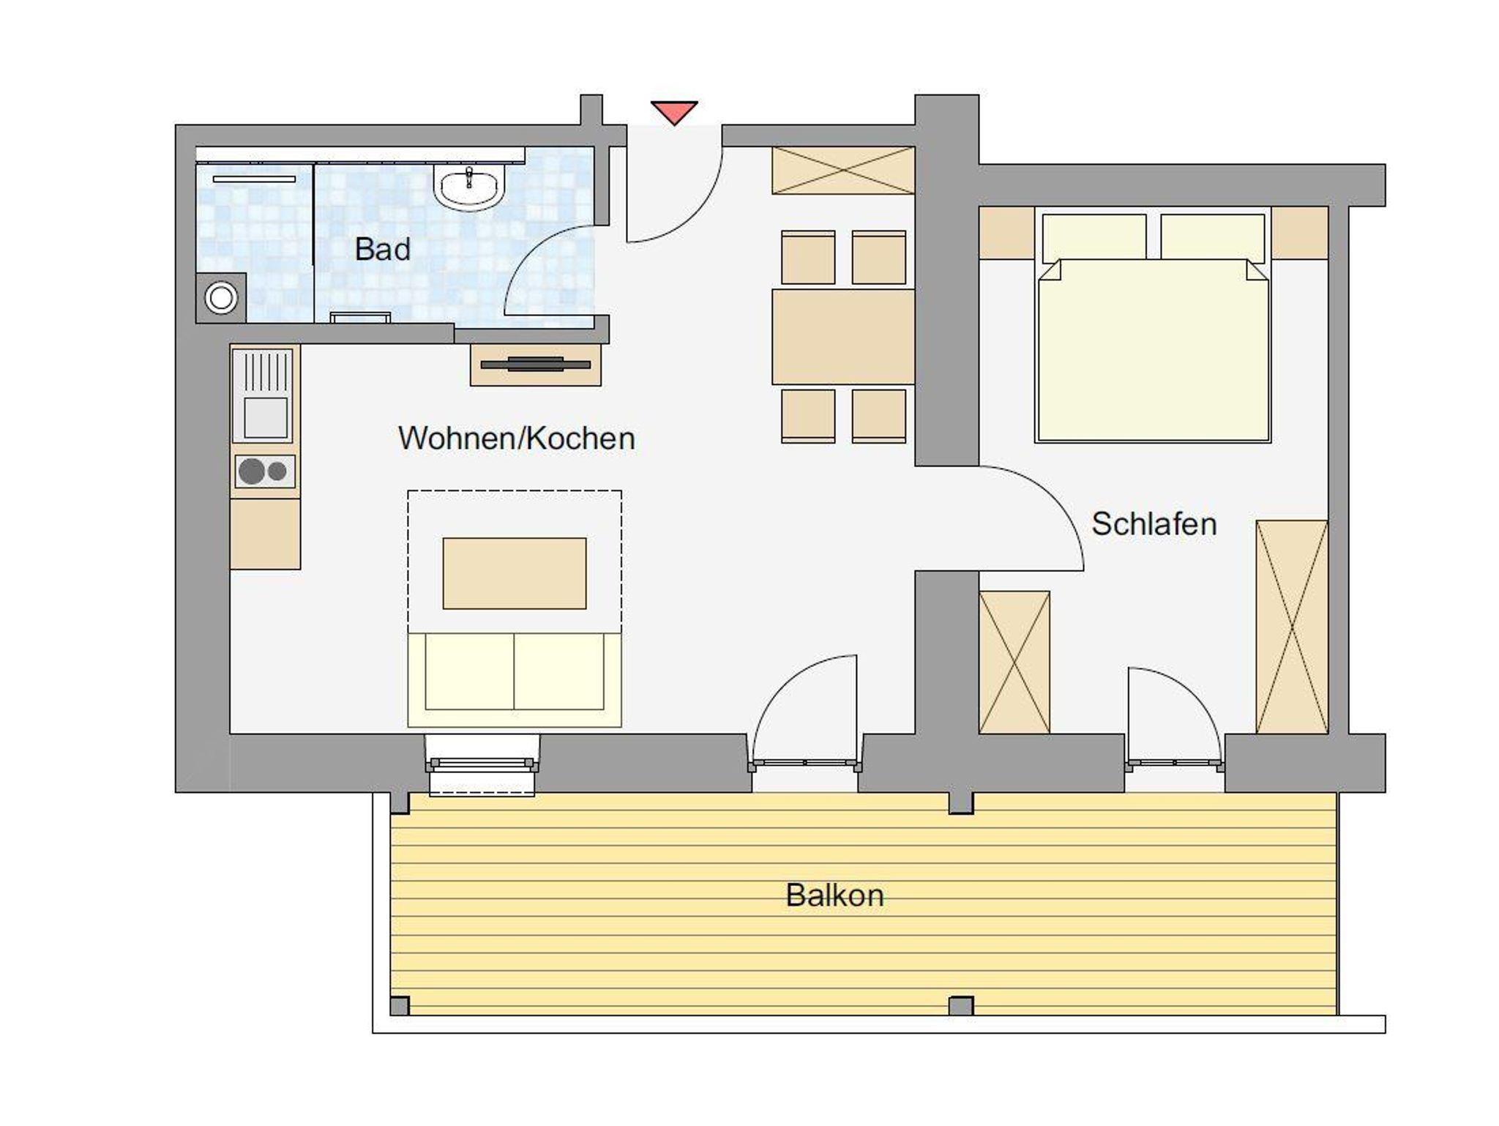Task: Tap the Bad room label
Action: pyautogui.click(x=382, y=250)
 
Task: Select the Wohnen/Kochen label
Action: pyautogui.click(x=517, y=439)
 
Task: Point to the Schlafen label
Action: pyautogui.click(x=1154, y=524)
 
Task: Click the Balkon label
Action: pyautogui.click(x=834, y=895)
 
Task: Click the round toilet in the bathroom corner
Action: pyautogui.click(x=221, y=298)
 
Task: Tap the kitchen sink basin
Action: pyautogui.click(x=265, y=417)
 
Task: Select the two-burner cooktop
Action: pyautogui.click(x=265, y=471)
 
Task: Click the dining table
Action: pyautogui.click(x=843, y=337)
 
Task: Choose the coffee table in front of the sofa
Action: pyautogui.click(x=515, y=573)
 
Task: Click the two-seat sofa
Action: pyautogui.click(x=515, y=680)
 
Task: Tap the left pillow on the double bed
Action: pyautogui.click(x=1094, y=236)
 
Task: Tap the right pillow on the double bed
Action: pyautogui.click(x=1212, y=236)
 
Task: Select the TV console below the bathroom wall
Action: pyautogui.click(x=536, y=364)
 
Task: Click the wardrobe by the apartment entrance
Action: pyautogui.click(x=843, y=171)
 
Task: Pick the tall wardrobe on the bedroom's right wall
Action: pyautogui.click(x=1292, y=627)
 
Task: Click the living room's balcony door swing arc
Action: pyautogui.click(x=787, y=685)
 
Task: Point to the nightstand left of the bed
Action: pyautogui.click(x=1007, y=233)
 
